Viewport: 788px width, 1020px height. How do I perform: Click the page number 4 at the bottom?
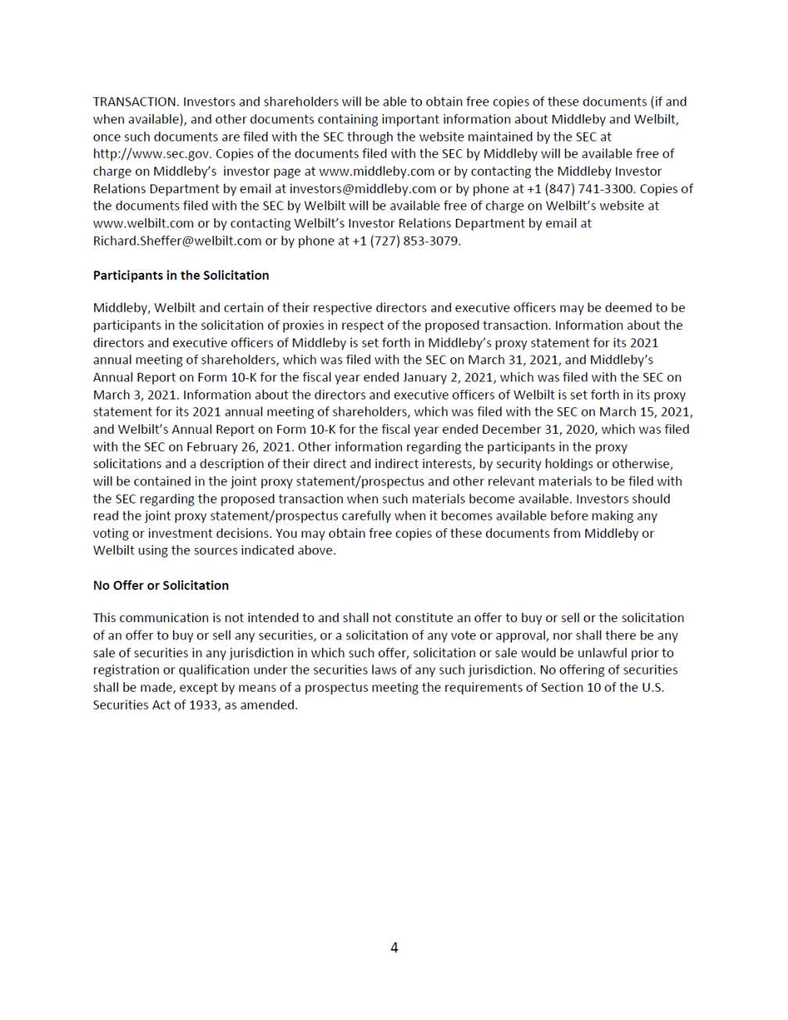[394, 947]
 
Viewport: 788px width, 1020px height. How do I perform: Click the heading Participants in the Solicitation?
[181, 275]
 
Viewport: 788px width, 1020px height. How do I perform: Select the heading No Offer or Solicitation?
[161, 585]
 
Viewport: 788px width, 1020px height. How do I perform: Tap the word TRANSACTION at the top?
[135, 102]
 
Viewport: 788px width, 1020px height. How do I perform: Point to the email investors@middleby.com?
[363, 188]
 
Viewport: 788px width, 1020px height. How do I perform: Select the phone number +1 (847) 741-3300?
[580, 188]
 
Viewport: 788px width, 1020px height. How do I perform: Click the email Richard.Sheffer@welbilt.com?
[177, 241]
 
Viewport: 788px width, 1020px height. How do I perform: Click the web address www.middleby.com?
[377, 171]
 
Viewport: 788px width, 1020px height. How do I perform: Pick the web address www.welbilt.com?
[143, 224]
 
